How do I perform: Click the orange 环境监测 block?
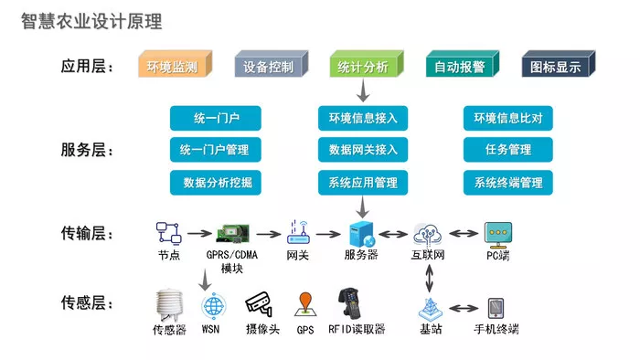point(176,64)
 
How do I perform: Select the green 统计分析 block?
point(367,64)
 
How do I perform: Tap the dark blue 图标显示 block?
point(559,64)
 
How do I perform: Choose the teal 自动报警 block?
point(463,64)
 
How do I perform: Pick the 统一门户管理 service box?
point(216,150)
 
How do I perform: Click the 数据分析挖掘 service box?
point(216,182)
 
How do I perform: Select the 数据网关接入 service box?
point(363,150)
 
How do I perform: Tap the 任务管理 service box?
point(508,150)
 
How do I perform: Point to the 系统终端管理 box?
point(508,182)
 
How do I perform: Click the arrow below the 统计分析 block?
point(363,90)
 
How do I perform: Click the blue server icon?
point(362,234)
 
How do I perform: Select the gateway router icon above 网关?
point(298,232)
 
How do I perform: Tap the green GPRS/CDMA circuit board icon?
point(232,234)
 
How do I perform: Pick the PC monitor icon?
point(498,235)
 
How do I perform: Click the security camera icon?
point(259,304)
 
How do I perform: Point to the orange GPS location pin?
point(305,304)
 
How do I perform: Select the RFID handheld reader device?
point(350,303)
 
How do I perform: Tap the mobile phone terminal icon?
point(496,308)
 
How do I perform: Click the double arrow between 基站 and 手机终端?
point(464,308)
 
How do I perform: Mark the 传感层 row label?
point(87,303)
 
